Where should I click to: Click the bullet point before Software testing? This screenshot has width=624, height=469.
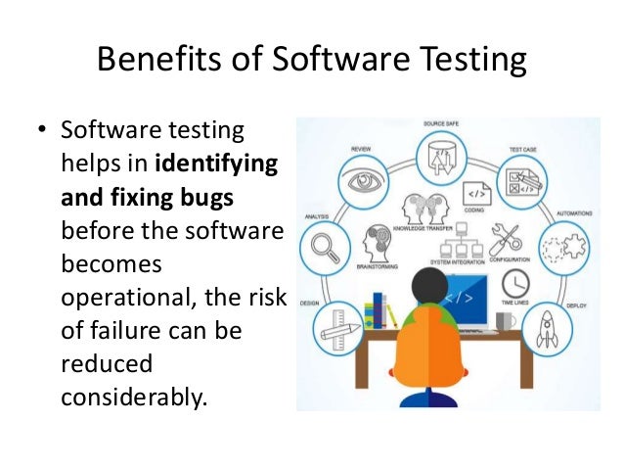[x=42, y=129]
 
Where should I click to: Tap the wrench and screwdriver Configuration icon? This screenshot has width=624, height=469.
[x=508, y=237]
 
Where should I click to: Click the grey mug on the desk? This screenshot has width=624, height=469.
[x=505, y=322]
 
